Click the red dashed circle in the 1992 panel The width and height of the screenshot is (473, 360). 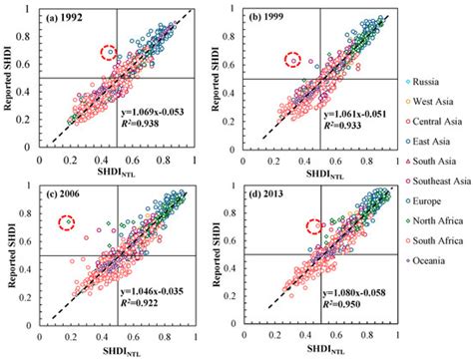click(110, 53)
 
